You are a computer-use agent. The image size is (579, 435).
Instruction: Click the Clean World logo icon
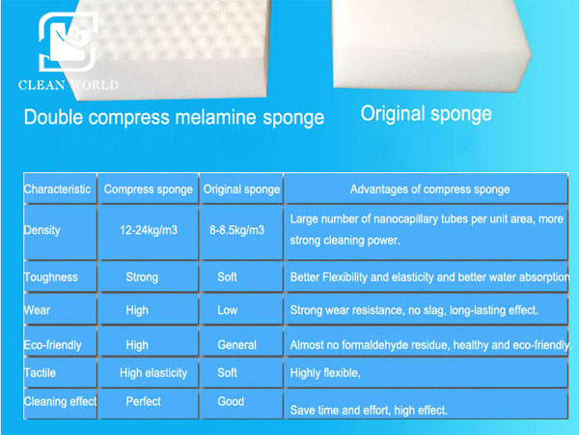(69, 42)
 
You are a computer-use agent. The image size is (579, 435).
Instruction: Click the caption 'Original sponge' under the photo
(427, 113)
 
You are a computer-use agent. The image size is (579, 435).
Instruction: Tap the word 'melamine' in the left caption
(215, 117)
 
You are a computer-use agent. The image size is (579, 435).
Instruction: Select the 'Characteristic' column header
(57, 189)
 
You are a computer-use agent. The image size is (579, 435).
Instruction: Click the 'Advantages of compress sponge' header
(429, 189)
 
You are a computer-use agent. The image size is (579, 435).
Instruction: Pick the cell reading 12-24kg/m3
(149, 230)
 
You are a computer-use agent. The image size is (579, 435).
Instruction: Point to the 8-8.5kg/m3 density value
(237, 230)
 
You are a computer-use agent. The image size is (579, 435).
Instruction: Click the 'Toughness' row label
(50, 277)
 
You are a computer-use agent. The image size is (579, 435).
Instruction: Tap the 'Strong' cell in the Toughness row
(142, 277)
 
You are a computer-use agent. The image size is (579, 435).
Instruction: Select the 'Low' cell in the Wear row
(227, 310)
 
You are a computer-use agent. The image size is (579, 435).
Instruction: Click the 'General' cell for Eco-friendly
(236, 345)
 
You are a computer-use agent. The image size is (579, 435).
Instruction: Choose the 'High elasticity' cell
(153, 373)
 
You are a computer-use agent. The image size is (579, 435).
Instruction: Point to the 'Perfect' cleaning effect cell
(143, 401)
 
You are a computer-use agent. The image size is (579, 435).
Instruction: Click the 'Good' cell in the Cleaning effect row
(231, 401)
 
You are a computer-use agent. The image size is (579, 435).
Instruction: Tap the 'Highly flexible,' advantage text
(325, 373)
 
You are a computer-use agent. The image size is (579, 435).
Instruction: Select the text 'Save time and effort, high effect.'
(369, 410)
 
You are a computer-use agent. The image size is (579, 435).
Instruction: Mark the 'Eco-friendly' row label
(52, 345)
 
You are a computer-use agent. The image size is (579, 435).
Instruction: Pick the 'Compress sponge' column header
(148, 189)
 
